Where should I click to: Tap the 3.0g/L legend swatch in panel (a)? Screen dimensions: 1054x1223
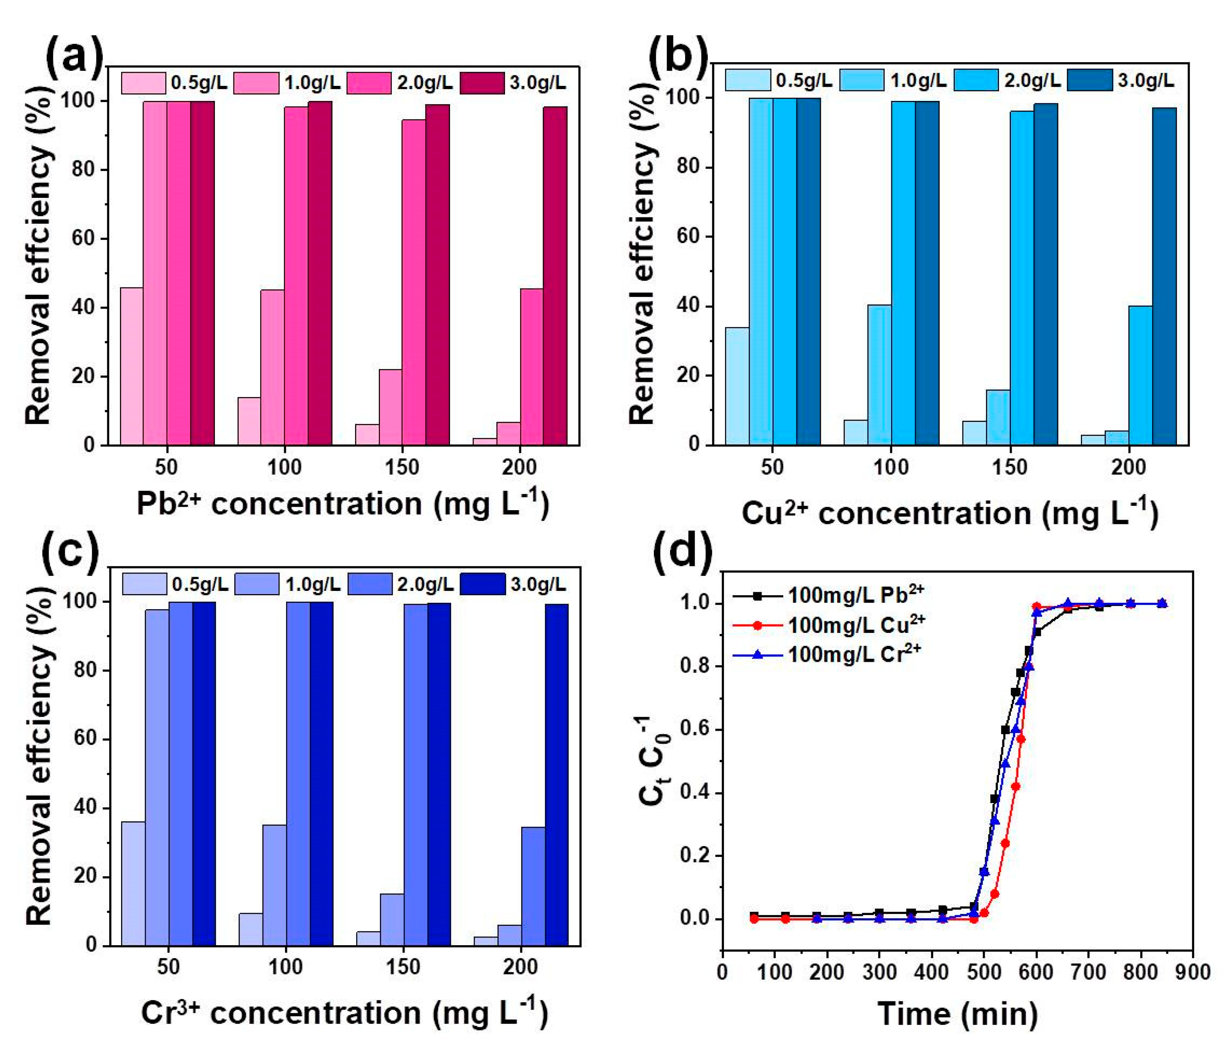tap(482, 83)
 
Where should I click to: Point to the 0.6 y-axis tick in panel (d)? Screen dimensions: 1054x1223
tap(697, 729)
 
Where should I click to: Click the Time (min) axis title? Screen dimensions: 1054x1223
tap(957, 1014)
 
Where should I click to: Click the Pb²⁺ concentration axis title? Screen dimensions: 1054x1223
tap(342, 503)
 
